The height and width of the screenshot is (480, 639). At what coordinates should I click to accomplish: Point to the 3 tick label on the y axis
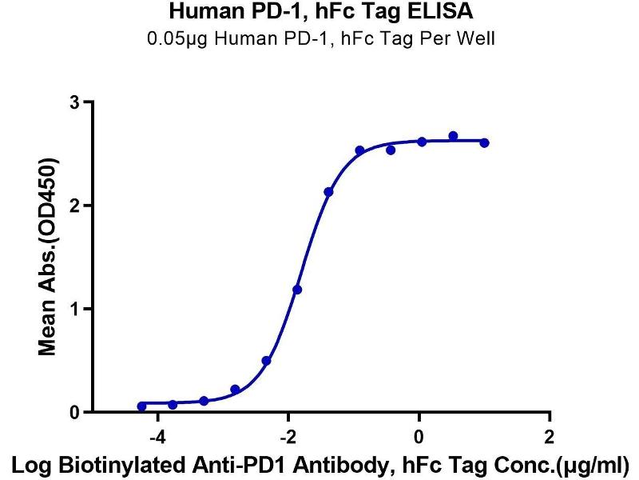[x=76, y=102]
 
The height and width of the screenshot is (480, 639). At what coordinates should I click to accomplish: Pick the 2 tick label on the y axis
[x=76, y=206]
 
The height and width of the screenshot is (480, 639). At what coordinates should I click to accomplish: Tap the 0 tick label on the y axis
[x=76, y=412]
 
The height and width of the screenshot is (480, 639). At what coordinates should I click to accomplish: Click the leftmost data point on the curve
[x=142, y=406]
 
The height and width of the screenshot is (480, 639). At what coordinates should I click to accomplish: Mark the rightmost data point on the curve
[x=485, y=142]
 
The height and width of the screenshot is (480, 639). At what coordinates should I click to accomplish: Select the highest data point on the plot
[x=453, y=136]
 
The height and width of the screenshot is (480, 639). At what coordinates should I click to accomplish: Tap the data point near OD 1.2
[x=297, y=290]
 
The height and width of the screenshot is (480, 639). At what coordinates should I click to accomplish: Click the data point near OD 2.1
[x=328, y=192]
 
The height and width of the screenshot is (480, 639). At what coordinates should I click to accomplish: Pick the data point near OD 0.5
[x=266, y=361]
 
